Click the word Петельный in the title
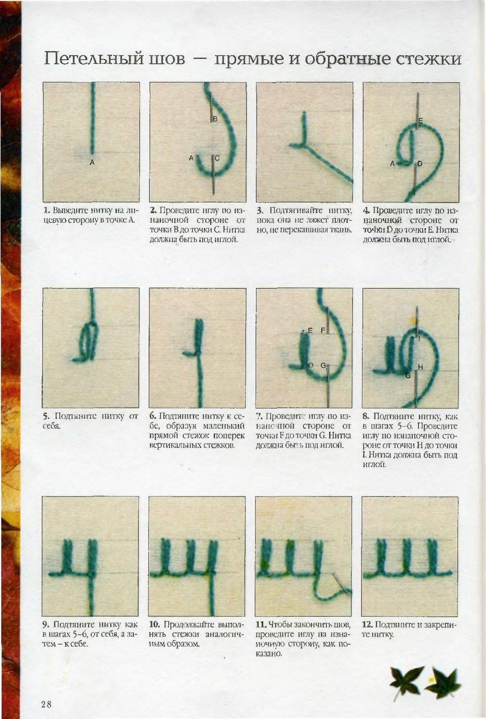point(94,59)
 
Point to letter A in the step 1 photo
point(92,162)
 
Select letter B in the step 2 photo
point(216,119)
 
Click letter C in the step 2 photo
point(217,158)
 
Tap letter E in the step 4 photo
point(420,121)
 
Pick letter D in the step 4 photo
point(420,164)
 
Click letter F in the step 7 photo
point(323,330)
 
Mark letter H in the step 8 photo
point(420,367)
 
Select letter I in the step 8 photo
point(419,338)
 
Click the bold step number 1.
point(47,211)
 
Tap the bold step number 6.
point(153,416)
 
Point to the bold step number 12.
point(367,624)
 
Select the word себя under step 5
point(51,426)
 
